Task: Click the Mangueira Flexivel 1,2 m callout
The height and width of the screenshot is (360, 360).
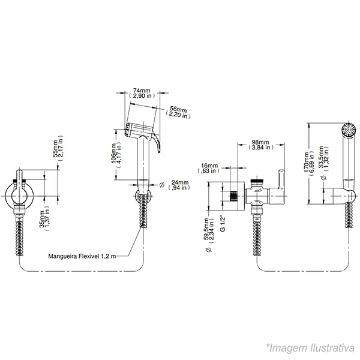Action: coord(82,256)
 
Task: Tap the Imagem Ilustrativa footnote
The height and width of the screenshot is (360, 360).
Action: coord(310,347)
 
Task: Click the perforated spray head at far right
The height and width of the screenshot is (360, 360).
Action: coord(349,130)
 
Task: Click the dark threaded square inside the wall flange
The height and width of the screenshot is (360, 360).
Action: coord(233,196)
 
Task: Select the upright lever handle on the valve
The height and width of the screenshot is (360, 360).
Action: coord(281,179)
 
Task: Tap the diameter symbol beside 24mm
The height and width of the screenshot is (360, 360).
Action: coord(162,184)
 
